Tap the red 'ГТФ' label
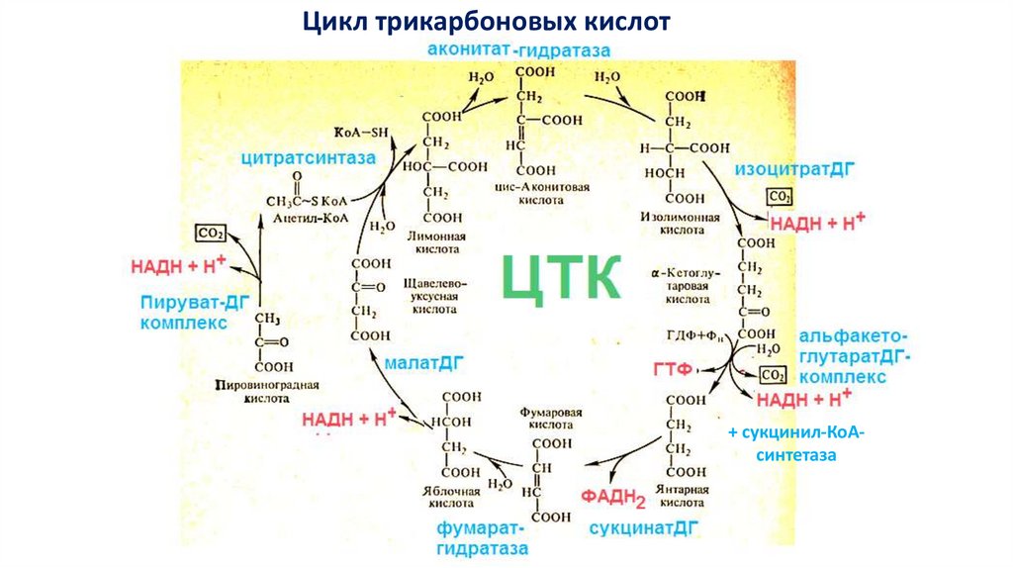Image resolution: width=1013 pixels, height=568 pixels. (670, 369)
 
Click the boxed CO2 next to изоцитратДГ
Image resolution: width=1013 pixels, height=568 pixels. (781, 194)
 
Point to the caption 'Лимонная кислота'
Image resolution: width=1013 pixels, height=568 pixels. (436, 243)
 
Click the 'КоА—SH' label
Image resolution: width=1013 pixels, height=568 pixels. (361, 131)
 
